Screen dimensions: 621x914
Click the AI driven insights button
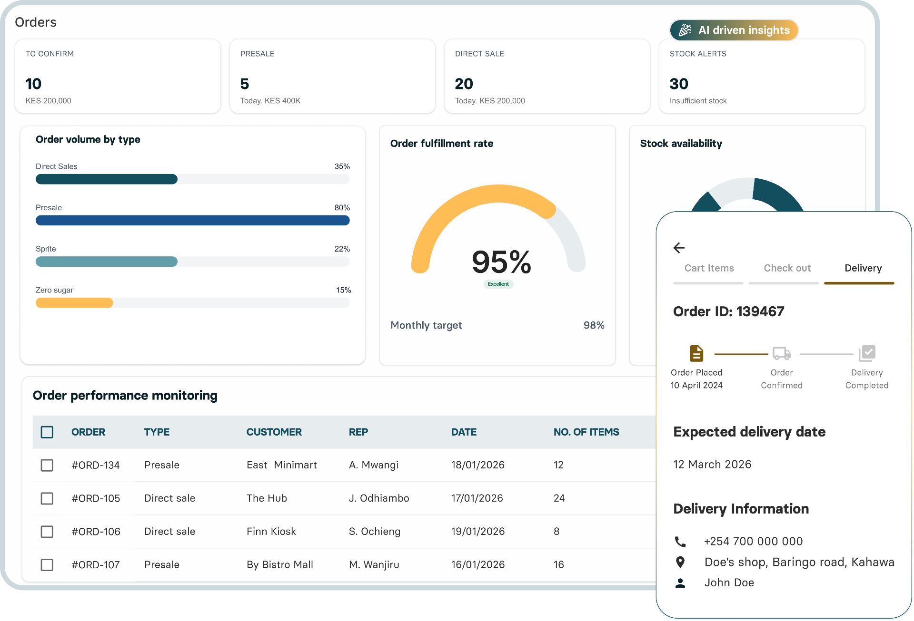[734, 30]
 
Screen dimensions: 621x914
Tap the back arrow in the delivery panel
[679, 248]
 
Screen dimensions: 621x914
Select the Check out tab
[787, 268]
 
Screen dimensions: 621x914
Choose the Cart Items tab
[709, 268]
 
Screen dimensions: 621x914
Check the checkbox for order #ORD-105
[47, 498]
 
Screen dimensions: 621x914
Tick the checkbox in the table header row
[47, 432]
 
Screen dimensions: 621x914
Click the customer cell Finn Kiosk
[271, 532]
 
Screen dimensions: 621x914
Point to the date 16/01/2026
[477, 565]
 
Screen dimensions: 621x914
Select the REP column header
[358, 432]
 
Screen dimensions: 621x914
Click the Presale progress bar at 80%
[192, 221]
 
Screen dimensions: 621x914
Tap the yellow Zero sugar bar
[74, 303]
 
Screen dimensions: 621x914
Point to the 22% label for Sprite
[342, 249]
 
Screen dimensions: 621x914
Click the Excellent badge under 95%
[498, 284]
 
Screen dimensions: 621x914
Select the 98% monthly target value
[594, 325]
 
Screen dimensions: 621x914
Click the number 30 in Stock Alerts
[678, 84]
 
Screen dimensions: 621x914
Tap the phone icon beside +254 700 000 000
[680, 542]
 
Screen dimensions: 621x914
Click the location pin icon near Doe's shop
[680, 562]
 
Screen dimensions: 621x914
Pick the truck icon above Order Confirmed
[782, 354]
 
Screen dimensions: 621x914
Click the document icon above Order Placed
[696, 354]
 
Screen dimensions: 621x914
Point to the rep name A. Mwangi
[373, 465]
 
